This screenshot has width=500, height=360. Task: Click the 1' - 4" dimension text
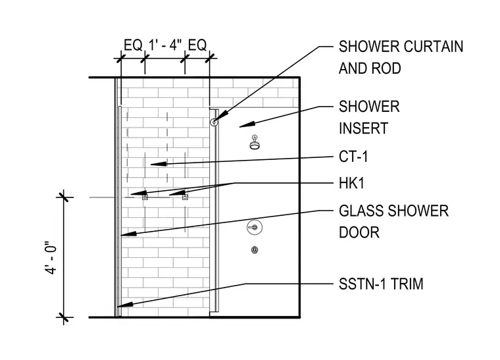click(165, 45)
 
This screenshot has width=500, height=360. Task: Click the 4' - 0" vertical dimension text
click(51, 257)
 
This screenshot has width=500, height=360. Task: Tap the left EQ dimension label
click(133, 45)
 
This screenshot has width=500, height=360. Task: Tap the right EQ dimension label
click(197, 45)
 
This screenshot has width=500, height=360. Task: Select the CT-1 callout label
click(353, 157)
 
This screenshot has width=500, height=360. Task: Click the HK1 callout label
click(351, 184)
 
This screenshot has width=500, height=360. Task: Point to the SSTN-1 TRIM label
click(381, 284)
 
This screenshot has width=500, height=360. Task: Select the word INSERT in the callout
click(364, 128)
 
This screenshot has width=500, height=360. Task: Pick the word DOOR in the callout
click(359, 232)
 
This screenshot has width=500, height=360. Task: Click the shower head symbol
click(255, 143)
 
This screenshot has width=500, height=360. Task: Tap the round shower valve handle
click(255, 227)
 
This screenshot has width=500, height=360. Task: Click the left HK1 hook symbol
click(145, 197)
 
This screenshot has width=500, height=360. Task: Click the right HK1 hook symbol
click(185, 197)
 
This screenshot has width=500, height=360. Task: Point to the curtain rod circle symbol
click(214, 122)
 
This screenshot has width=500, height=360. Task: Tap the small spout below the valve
click(255, 249)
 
